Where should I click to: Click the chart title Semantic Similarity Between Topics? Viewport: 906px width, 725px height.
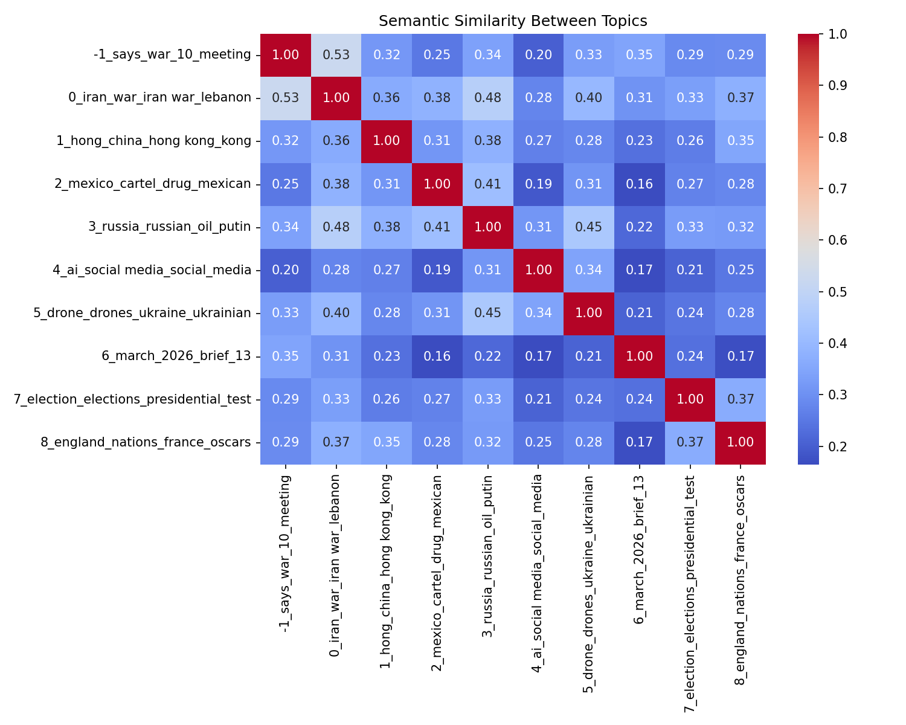click(513, 21)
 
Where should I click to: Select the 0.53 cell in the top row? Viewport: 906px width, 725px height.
click(336, 55)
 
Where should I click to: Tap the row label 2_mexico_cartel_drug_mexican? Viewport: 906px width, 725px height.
click(153, 184)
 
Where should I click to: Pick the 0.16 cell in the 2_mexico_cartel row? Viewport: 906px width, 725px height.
click(640, 184)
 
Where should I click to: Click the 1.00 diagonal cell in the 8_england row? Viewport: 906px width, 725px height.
click(741, 442)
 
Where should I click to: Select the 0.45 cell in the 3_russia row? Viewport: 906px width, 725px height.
click(589, 227)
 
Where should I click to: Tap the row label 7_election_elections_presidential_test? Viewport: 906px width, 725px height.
click(132, 399)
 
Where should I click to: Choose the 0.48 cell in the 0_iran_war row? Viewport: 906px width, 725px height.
click(488, 98)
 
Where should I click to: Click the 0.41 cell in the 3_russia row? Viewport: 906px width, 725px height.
click(437, 227)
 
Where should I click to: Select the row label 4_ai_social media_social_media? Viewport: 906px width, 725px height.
click(152, 270)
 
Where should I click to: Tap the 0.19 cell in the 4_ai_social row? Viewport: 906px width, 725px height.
click(437, 270)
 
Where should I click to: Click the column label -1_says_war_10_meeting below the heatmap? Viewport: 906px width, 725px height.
click(286, 554)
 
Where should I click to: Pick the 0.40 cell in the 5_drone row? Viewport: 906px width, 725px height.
click(336, 313)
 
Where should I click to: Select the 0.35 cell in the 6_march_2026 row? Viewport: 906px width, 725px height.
click(286, 356)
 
